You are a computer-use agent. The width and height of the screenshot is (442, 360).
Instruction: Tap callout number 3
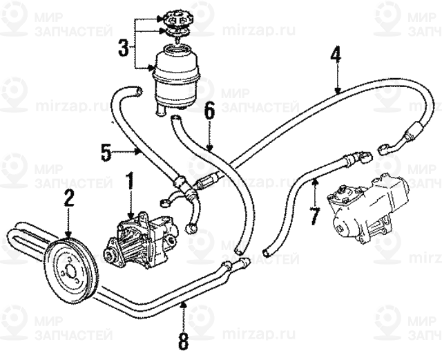pos(123,48)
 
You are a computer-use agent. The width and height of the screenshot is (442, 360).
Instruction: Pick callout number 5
pos(106,151)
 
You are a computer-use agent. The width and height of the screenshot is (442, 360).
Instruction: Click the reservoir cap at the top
pos(177,17)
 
